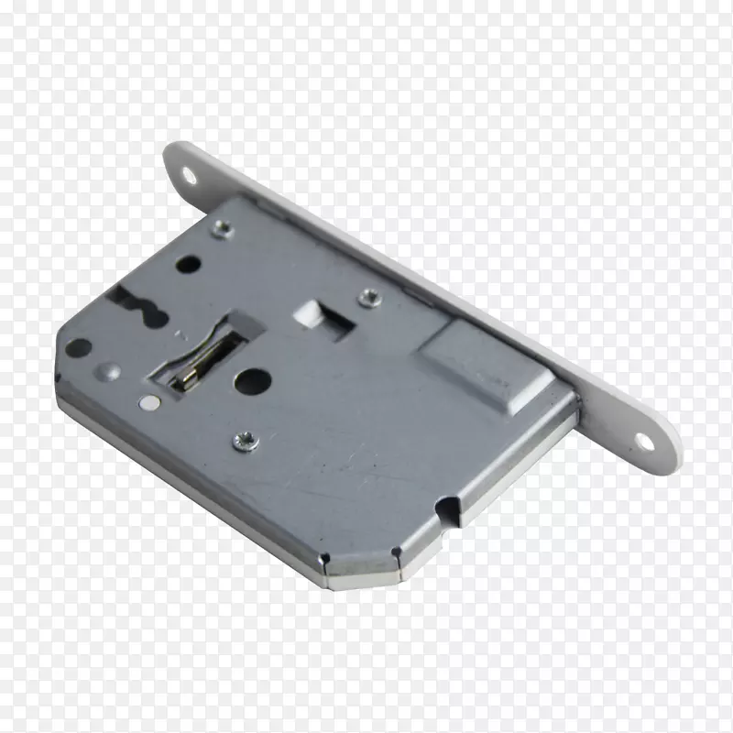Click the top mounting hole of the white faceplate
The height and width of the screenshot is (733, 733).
click(189, 173)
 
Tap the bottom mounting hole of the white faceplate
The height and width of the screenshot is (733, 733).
click(644, 442)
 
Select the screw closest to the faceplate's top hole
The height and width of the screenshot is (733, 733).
click(221, 229)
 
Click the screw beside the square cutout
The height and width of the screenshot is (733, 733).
click(369, 296)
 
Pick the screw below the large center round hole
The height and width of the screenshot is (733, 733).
click(246, 441)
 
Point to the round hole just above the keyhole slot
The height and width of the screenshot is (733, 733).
click(188, 265)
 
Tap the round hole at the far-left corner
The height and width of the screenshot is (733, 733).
click(78, 348)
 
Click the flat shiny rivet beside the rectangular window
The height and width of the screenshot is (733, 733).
click(148, 401)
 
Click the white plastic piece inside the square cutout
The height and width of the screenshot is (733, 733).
click(306, 314)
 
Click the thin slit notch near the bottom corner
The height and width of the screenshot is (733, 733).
click(395, 553)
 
